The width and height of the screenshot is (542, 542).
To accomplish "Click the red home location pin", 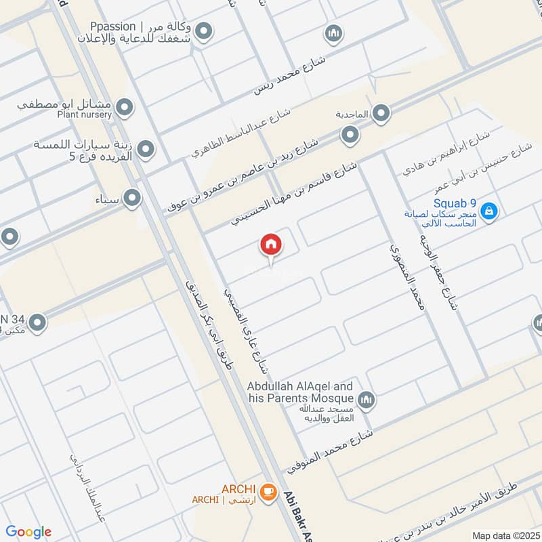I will click(x=270, y=245).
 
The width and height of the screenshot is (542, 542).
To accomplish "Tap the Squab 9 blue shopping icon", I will click(x=490, y=212).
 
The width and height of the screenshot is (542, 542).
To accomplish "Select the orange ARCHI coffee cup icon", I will click(x=268, y=491).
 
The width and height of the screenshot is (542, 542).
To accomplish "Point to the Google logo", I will click(x=28, y=532).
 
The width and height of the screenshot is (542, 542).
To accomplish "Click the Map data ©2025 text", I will click(x=504, y=535).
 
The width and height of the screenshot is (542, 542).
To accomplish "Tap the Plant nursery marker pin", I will click(x=124, y=107).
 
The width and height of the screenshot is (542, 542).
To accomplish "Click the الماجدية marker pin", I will click(x=381, y=113).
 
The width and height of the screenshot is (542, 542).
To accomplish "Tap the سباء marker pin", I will click(x=132, y=198).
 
